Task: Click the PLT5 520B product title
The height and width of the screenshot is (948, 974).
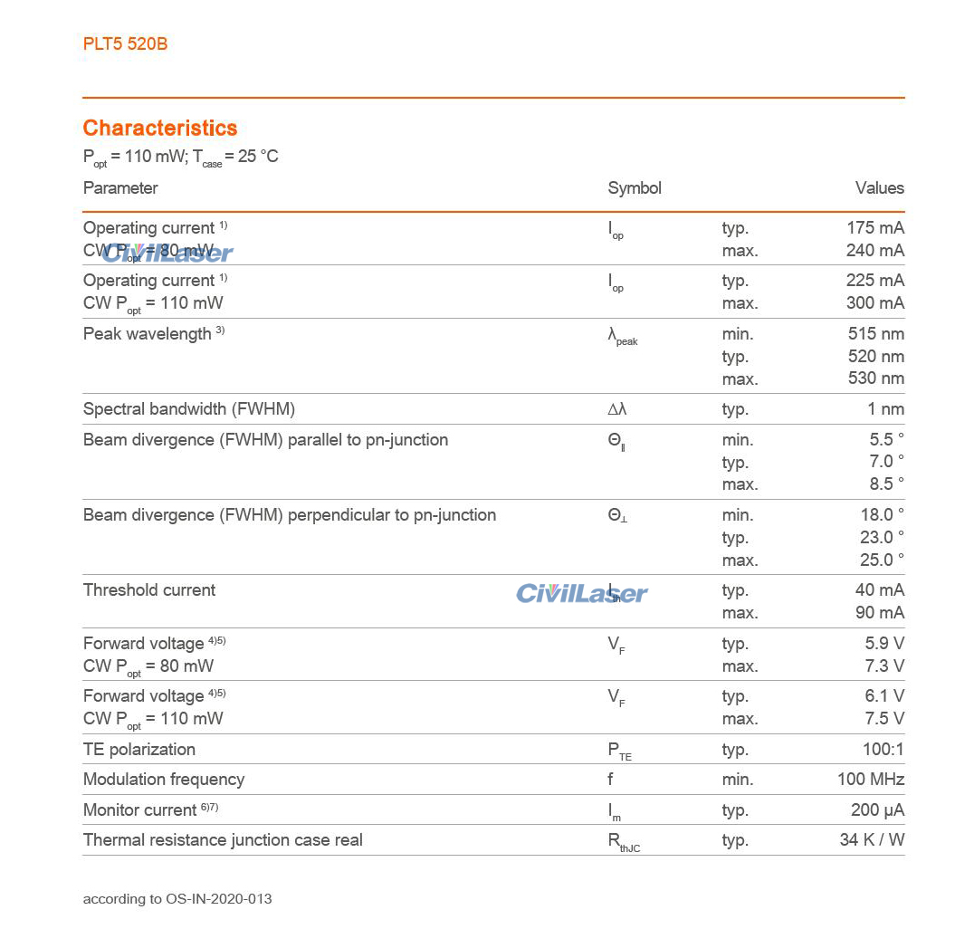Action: click(x=125, y=43)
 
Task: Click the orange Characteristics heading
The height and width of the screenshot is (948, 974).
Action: click(x=160, y=128)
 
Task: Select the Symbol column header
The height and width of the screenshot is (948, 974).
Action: click(x=635, y=188)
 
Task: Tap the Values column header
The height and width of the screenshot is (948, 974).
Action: click(x=879, y=188)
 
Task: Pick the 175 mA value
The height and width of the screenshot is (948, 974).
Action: click(x=875, y=228)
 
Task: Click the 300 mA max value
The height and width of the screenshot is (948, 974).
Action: click(x=875, y=303)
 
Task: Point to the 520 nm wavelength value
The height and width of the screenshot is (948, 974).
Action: click(x=875, y=357)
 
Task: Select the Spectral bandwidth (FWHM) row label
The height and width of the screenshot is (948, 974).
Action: click(x=189, y=409)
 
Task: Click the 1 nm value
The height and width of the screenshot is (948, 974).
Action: click(x=885, y=409)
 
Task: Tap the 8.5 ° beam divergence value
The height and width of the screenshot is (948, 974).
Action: click(x=886, y=484)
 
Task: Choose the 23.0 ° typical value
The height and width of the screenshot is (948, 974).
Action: click(x=882, y=538)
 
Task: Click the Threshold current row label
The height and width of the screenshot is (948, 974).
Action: click(x=149, y=590)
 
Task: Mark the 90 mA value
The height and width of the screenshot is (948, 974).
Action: click(x=879, y=613)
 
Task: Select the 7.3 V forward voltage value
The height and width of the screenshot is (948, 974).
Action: click(x=884, y=666)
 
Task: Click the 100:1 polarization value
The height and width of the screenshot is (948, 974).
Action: click(x=883, y=750)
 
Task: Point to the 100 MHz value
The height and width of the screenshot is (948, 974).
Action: click(x=870, y=780)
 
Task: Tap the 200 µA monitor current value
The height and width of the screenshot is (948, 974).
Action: click(x=877, y=810)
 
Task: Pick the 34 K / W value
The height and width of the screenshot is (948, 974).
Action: click(x=872, y=840)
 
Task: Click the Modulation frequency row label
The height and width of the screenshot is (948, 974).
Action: click(x=164, y=780)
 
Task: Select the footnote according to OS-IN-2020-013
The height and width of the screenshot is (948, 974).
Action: click(x=177, y=899)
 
